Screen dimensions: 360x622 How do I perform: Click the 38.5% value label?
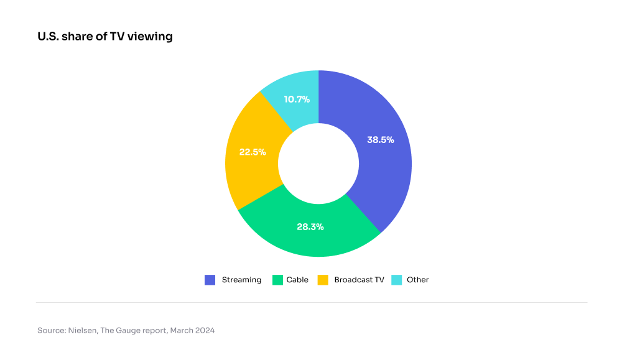[x=381, y=140]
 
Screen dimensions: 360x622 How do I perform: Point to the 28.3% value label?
[x=310, y=226]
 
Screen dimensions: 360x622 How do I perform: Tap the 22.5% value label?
[x=253, y=152]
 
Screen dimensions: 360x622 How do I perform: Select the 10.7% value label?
[x=297, y=99]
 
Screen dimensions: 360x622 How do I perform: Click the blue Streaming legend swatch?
[x=210, y=280]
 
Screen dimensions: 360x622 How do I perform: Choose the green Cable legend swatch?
[x=277, y=280]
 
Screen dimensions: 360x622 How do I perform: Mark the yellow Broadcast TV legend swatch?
[x=323, y=280]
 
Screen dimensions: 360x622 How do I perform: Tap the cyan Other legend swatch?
[x=396, y=280]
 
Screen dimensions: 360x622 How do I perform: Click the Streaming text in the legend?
[x=241, y=280]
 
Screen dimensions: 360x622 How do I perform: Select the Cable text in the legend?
[x=297, y=280]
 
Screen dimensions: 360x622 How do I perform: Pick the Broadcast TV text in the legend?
[x=359, y=280]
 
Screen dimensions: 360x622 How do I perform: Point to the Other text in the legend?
[x=418, y=280]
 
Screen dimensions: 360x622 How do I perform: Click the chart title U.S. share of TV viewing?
[x=105, y=37]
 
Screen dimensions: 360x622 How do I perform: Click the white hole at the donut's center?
[x=318, y=164]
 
